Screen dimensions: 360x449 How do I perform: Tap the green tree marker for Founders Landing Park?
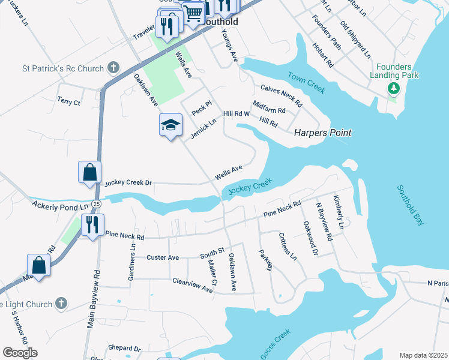tap(394, 89)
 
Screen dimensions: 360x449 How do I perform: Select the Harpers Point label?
tap(322, 133)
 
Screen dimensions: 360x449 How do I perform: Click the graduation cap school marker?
tap(170, 125)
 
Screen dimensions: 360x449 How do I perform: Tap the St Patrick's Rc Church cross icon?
tap(113, 67)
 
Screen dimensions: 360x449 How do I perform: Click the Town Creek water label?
tap(306, 83)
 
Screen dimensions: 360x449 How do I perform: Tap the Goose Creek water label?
tap(276, 344)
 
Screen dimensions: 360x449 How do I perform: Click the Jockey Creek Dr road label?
tap(129, 182)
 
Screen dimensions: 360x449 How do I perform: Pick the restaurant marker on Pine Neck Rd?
tap(92, 225)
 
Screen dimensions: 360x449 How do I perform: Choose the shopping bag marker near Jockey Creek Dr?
tap(89, 172)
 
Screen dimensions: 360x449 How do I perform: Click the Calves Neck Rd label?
tap(281, 96)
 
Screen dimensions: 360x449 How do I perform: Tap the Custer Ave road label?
tap(163, 257)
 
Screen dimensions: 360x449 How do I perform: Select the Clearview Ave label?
tap(192, 286)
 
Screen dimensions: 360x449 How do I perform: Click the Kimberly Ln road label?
tap(340, 212)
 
